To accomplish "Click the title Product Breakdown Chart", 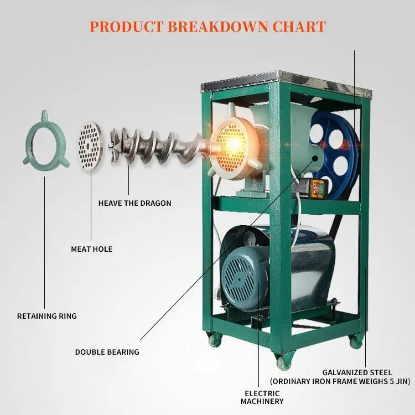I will click(x=207, y=26).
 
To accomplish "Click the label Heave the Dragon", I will click(x=135, y=203).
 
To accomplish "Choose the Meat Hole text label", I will click(x=91, y=249).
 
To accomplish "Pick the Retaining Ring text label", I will click(x=46, y=316).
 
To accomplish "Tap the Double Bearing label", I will click(x=107, y=352).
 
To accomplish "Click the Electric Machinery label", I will click(x=263, y=397).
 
